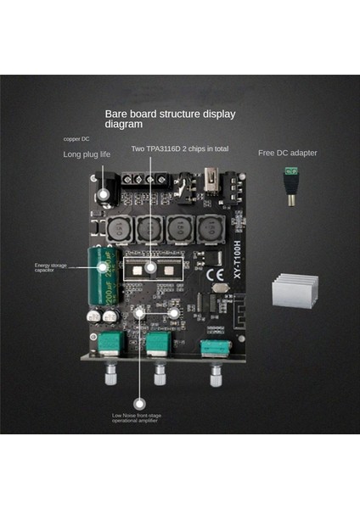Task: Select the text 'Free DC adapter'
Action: [x=287, y=153]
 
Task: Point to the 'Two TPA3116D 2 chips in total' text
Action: [x=179, y=148]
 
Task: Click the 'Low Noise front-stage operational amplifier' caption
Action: [x=138, y=418]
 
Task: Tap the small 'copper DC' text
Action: [x=76, y=138]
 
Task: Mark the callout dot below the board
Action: [x=138, y=395]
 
